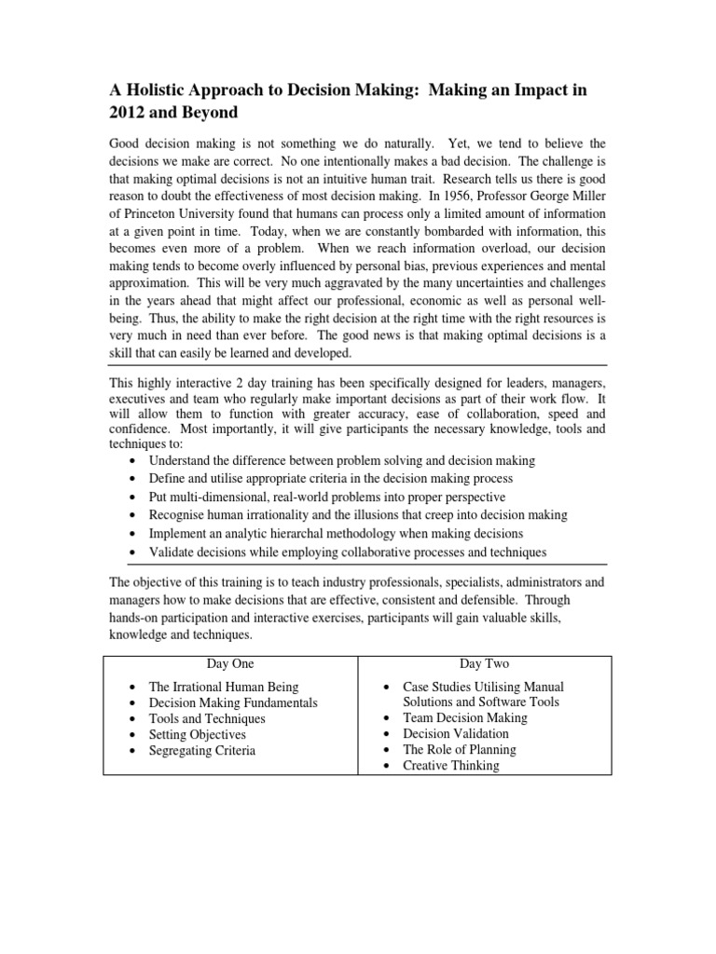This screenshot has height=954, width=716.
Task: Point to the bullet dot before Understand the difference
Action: click(x=136, y=461)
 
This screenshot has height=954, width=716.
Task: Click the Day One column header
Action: click(x=228, y=664)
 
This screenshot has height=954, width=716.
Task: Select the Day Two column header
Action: click(x=485, y=664)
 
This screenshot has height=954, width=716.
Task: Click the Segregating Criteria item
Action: click(x=201, y=751)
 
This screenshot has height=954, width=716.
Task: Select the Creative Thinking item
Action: click(x=451, y=766)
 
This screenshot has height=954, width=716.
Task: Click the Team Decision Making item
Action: click(x=464, y=718)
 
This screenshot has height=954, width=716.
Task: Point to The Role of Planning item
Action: click(x=459, y=750)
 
